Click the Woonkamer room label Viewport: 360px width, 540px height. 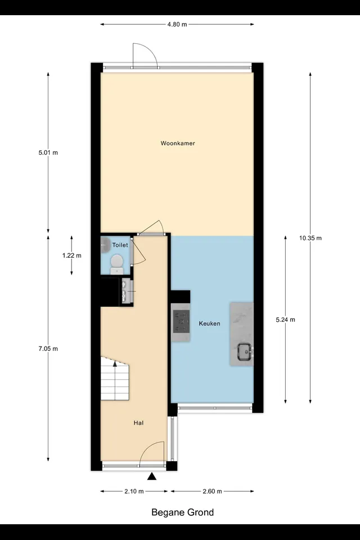click(x=178, y=143)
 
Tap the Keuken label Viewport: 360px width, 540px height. click(x=209, y=323)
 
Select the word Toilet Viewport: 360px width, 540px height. click(x=120, y=245)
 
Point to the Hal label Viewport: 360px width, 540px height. click(x=138, y=423)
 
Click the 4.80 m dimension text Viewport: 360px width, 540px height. click(x=177, y=24)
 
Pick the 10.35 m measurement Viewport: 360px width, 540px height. click(x=310, y=238)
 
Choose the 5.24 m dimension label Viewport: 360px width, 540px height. click(x=286, y=319)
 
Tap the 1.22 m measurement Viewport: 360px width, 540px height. click(x=72, y=255)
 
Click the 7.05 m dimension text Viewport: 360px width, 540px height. click(x=48, y=349)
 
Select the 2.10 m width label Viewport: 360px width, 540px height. click(x=134, y=492)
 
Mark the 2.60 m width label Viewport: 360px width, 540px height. click(x=212, y=492)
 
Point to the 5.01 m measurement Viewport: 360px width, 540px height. click(x=48, y=152)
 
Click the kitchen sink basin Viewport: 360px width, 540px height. click(x=245, y=352)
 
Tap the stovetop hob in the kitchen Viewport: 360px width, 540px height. click(x=181, y=321)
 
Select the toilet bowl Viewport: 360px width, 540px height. click(x=117, y=264)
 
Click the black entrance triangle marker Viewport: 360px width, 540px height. click(x=152, y=476)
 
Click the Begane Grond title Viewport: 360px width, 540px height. click(x=183, y=512)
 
